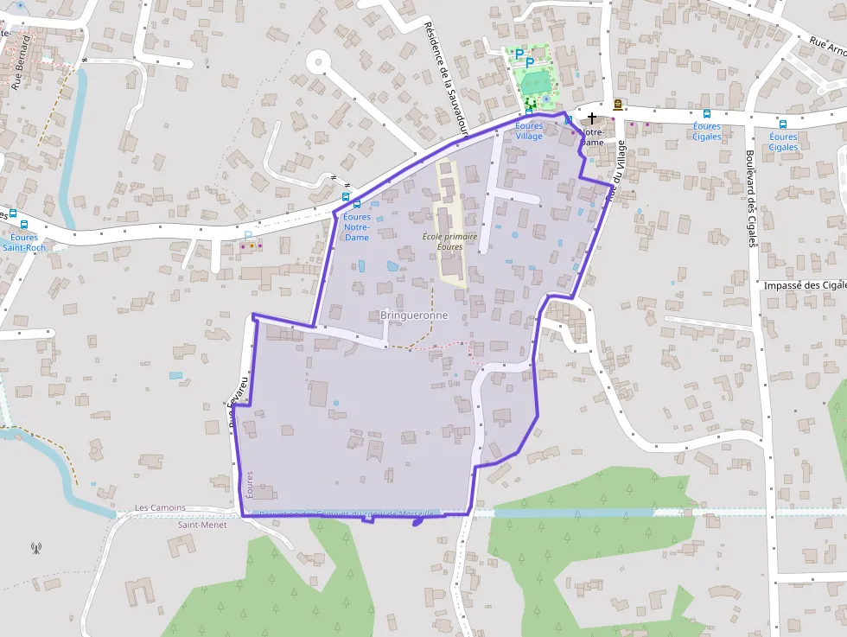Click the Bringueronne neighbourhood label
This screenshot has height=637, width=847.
coord(414,315)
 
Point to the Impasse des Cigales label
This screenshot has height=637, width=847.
coord(805,285)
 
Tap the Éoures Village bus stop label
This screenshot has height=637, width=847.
coord(529,131)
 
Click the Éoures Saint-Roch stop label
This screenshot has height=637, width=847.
coord(23,242)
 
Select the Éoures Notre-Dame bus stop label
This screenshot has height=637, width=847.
coord(356,226)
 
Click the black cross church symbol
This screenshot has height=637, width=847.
coord(592,118)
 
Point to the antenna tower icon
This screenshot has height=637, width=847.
coord(35,547)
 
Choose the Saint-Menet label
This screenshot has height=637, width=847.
coord(202,525)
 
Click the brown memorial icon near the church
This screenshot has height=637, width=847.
coord(618,105)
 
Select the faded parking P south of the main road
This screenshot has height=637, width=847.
coord(248,235)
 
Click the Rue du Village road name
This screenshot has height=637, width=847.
coord(615,172)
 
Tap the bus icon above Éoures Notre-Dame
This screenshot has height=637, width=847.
coord(357,204)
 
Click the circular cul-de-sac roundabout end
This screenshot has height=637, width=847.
coord(319,61)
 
